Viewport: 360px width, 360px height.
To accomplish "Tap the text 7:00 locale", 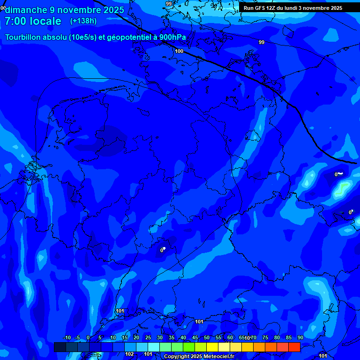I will pos(33,21).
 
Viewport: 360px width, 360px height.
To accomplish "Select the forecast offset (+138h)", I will pos(83,21).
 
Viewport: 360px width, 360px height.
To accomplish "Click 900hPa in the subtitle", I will pos(172,37).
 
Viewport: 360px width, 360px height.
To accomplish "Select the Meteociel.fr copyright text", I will pos(199,357).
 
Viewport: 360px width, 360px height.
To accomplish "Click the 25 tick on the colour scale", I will pos(148,338).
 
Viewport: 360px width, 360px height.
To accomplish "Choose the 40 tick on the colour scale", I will pos(183,338).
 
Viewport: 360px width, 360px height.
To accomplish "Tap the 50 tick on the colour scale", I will pos(206,338).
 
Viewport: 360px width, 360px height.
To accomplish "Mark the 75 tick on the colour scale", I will pos(265,338).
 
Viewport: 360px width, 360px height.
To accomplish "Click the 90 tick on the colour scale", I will pos(300,338).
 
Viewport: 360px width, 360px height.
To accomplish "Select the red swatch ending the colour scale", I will pos(294,347).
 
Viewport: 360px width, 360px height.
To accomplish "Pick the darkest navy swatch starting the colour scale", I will pos(60,347).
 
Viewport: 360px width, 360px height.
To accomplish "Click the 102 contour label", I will pos(129,354).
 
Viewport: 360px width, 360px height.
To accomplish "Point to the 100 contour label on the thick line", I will pos(179,51).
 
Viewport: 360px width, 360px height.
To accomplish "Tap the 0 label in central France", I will pos(162,250).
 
